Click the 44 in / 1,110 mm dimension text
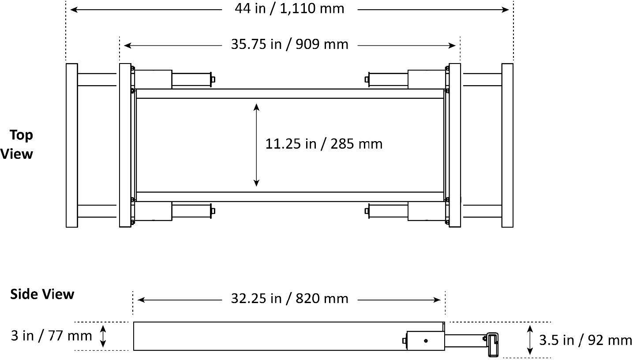click(289, 8)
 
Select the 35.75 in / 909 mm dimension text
click(289, 45)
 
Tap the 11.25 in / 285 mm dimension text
click(324, 144)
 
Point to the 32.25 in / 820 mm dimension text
click(289, 299)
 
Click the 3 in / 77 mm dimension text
click(51, 336)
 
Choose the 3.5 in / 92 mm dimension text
click(585, 340)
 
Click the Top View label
click(18, 144)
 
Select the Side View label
click(42, 294)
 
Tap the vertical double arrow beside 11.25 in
click(257, 144)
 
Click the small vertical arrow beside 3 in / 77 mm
click(103, 336)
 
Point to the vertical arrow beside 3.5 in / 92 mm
click(530, 339)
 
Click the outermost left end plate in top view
click(71, 145)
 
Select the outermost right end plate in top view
click(507, 145)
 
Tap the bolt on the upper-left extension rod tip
click(213, 79)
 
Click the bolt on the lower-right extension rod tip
click(367, 211)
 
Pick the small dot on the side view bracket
click(426, 341)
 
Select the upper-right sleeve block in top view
click(426, 79)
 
